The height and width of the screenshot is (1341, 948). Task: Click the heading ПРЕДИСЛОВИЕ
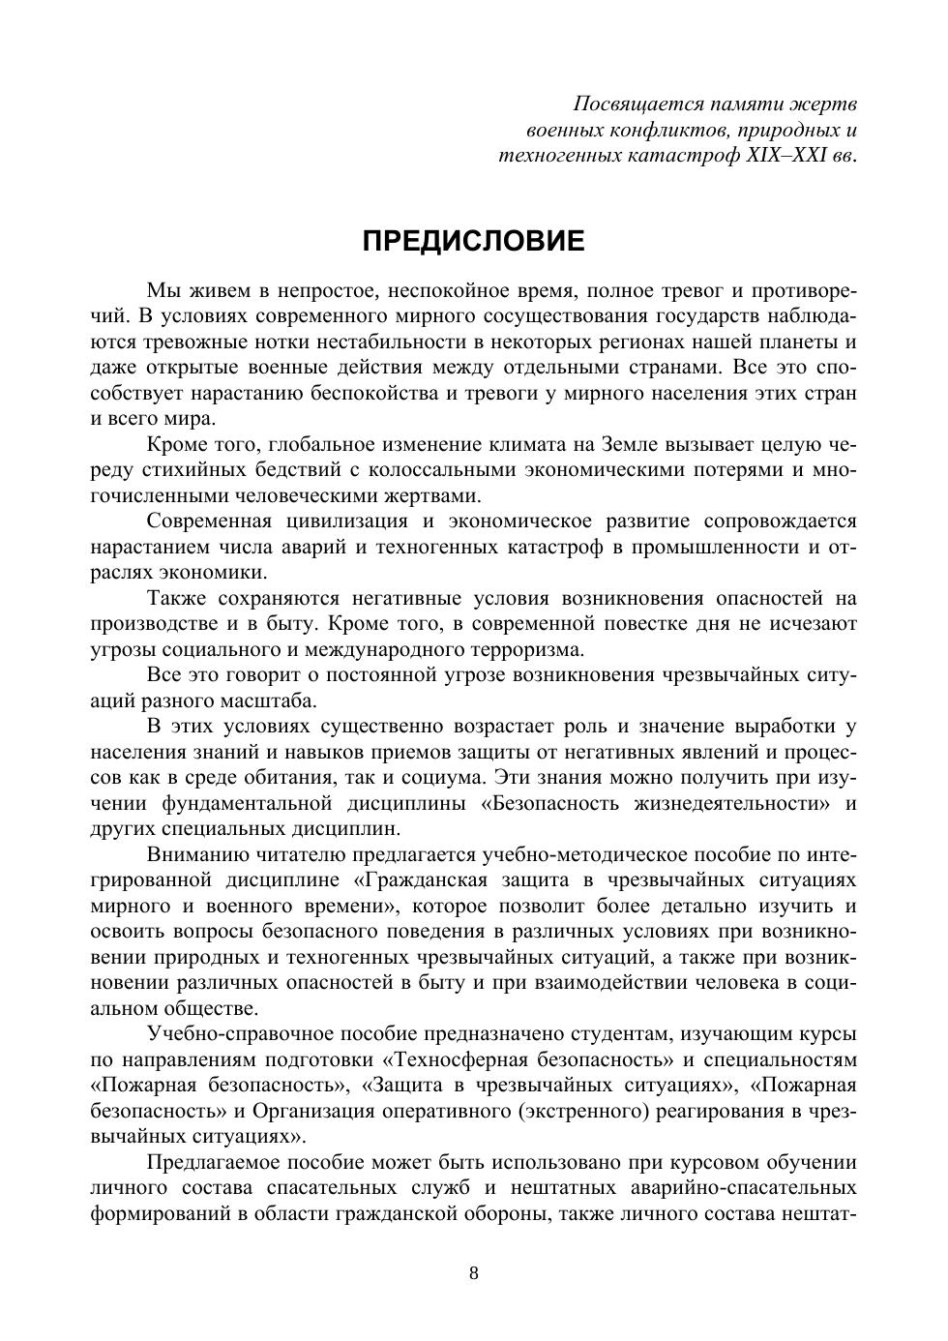click(473, 241)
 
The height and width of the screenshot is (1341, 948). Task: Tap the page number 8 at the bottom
click(474, 1272)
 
